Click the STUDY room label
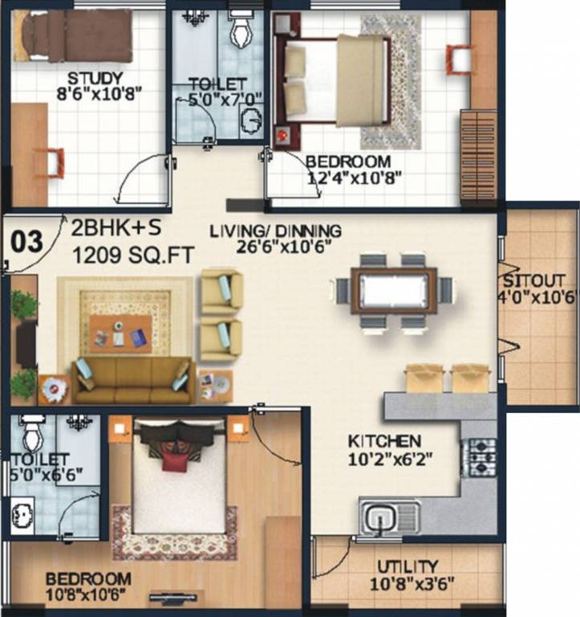tap(95, 78)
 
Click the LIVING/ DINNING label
tap(275, 231)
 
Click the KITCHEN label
tap(384, 441)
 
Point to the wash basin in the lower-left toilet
tap(20, 511)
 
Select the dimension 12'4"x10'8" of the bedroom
tap(353, 177)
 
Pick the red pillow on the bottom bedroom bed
tap(172, 462)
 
